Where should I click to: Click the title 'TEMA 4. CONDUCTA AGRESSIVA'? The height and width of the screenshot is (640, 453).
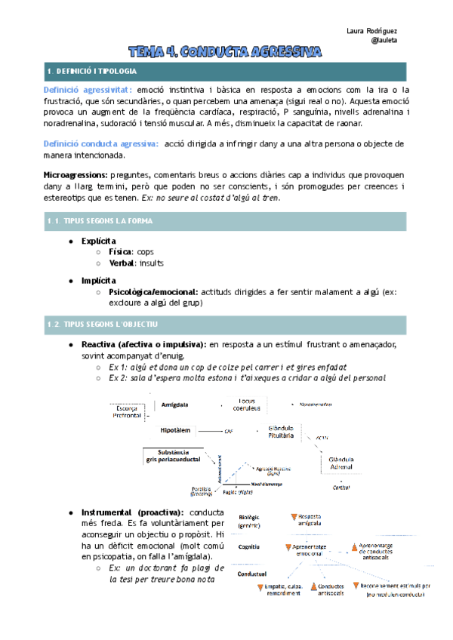[224, 51]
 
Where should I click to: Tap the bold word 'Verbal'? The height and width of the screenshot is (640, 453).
[122, 263]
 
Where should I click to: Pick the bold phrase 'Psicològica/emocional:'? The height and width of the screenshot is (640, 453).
[155, 291]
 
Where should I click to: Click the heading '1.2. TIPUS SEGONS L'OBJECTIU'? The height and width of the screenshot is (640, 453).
[101, 325]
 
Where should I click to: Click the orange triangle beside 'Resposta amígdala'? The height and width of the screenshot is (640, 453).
[293, 517]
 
